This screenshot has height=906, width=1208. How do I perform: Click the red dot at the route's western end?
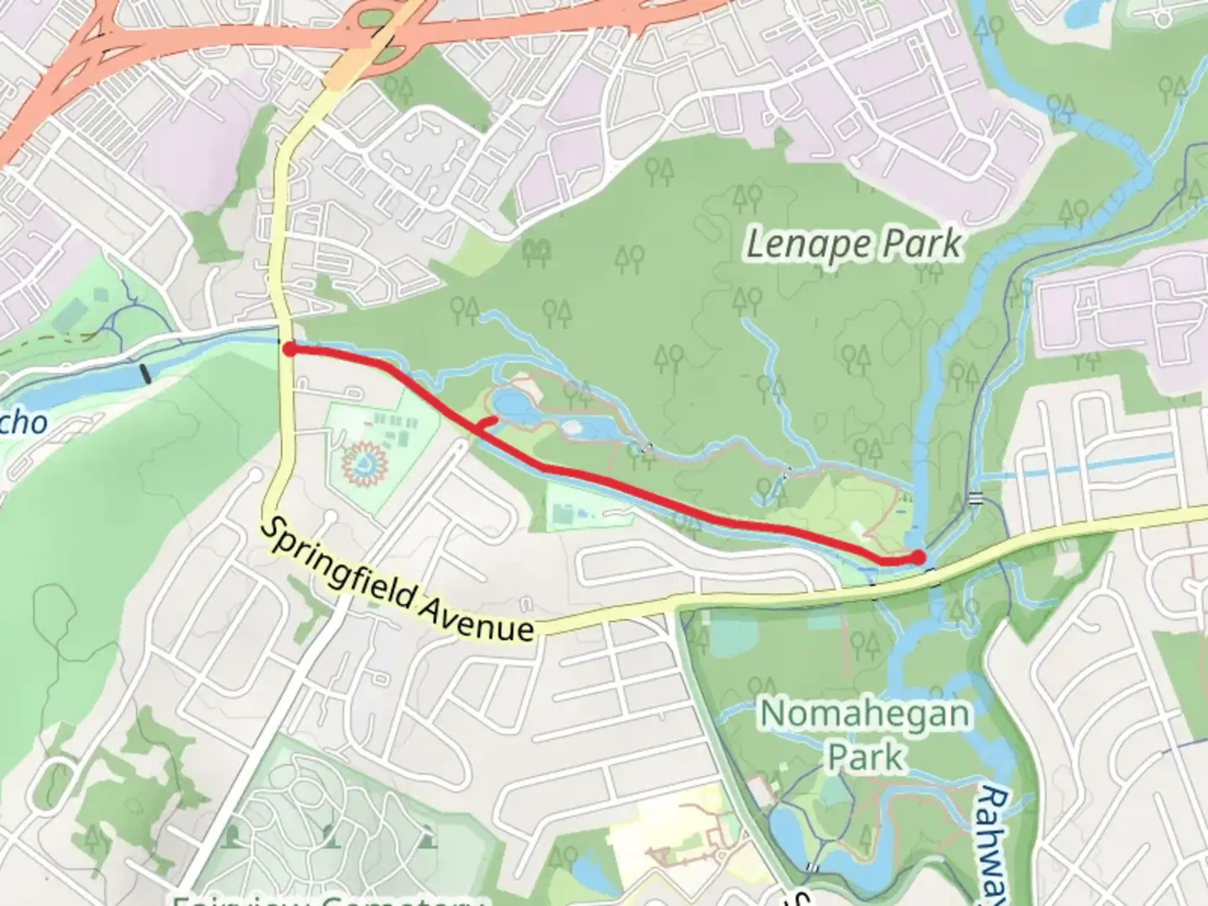288,349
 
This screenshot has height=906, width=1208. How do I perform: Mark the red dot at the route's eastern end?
919,556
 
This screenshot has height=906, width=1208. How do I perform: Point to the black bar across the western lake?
148,373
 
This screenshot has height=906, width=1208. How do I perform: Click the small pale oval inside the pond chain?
573,429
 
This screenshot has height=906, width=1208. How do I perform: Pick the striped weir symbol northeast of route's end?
975,497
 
